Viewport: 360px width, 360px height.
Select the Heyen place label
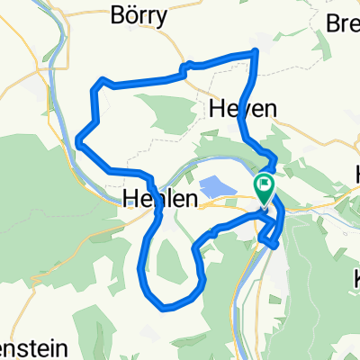pos(242,108)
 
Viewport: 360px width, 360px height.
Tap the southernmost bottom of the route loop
pos(164,307)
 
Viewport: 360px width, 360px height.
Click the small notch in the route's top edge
pos(186,65)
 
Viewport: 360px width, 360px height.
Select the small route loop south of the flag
pos(268,236)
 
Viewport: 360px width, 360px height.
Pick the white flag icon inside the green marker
pos(265,187)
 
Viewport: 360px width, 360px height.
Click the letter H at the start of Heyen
pos(217,108)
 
